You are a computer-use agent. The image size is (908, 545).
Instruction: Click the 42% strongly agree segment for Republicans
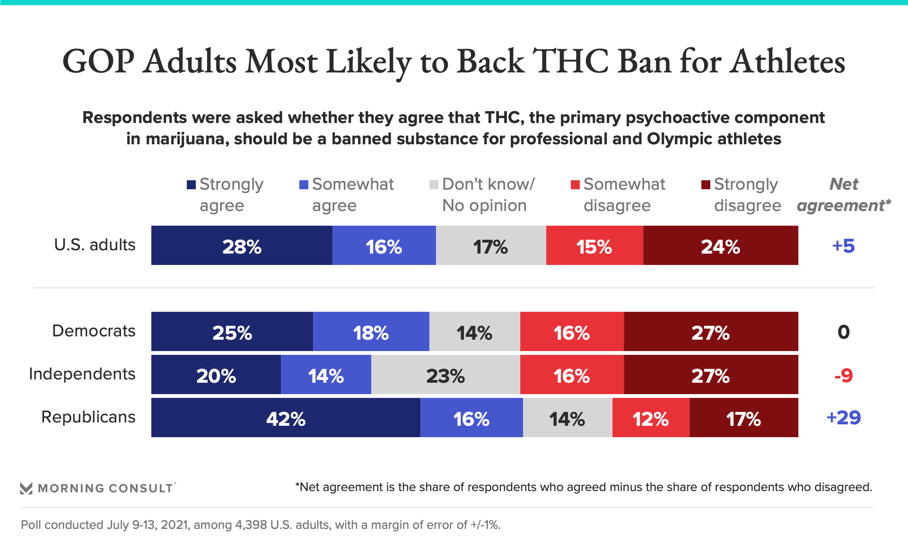point(286,418)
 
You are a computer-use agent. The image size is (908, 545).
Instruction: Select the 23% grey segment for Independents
point(445,375)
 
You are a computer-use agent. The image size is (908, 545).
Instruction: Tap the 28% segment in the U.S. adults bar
point(242,246)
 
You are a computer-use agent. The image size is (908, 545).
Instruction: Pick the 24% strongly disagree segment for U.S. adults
point(720,246)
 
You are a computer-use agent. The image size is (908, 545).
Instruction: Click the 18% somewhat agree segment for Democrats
point(371,332)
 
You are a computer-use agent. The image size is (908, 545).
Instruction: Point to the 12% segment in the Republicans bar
point(651,418)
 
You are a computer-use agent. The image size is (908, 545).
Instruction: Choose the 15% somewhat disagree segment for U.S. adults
point(594,246)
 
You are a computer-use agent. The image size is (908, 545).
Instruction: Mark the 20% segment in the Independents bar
point(216,375)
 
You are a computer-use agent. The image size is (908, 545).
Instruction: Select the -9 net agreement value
point(843,376)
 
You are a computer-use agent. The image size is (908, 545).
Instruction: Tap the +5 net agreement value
point(843,246)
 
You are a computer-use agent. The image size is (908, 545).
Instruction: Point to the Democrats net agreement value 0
point(843,332)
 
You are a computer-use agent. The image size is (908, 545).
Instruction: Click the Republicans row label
point(88,417)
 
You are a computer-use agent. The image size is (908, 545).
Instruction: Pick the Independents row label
point(82,374)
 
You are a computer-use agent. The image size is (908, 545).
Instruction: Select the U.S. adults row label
point(95,245)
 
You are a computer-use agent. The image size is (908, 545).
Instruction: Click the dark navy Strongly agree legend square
point(191,185)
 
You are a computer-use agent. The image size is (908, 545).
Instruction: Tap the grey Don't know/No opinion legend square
point(434,185)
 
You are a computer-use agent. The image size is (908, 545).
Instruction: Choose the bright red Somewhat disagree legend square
point(575,185)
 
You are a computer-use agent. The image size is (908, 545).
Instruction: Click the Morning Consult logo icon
point(26,488)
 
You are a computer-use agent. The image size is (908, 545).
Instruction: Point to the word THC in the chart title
point(570,62)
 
